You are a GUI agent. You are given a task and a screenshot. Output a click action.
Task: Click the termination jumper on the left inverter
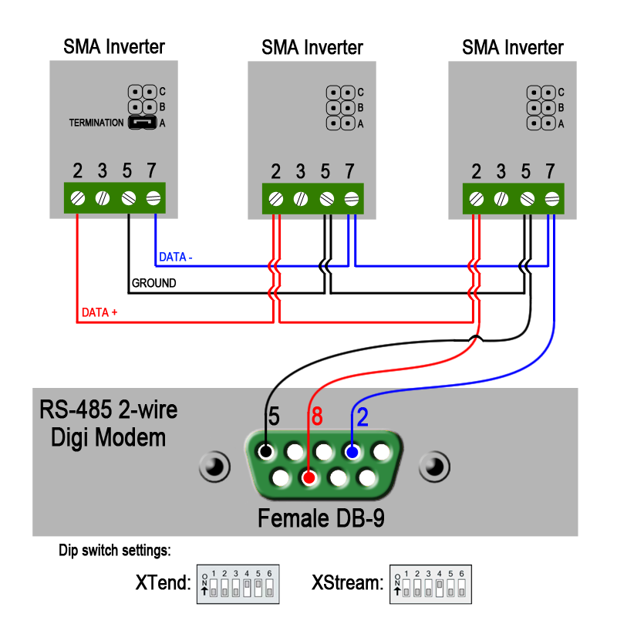coord(142,123)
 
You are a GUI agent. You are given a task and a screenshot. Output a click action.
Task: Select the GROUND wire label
coord(154,283)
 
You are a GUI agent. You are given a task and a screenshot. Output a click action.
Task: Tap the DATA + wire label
coord(99,313)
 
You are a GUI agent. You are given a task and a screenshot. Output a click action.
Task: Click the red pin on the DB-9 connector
coord(308,478)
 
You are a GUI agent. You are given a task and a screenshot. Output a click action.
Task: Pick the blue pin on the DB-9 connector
coord(352,452)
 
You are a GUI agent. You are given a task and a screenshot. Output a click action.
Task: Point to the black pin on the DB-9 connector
coord(266,452)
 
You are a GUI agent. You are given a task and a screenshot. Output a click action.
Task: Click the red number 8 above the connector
coord(316,417)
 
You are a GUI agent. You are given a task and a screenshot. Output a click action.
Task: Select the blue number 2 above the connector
coord(362,417)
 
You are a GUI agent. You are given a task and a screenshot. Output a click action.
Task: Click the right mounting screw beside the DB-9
coord(433,467)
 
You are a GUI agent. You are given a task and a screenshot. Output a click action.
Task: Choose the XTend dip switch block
coord(238,584)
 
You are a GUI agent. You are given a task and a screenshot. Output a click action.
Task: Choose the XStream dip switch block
coord(430,584)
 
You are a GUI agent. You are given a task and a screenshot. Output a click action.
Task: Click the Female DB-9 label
coord(321,518)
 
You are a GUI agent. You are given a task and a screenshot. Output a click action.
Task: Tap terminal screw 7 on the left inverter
coord(153,198)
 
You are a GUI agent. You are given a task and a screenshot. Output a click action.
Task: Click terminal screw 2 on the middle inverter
coord(276,199)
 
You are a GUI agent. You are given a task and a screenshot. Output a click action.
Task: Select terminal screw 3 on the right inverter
coord(501,199)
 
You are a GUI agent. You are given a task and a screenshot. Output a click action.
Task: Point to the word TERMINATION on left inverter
coord(96,123)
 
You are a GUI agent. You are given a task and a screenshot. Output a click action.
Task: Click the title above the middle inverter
coord(312,48)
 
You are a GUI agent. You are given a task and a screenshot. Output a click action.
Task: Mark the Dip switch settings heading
coord(115,551)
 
